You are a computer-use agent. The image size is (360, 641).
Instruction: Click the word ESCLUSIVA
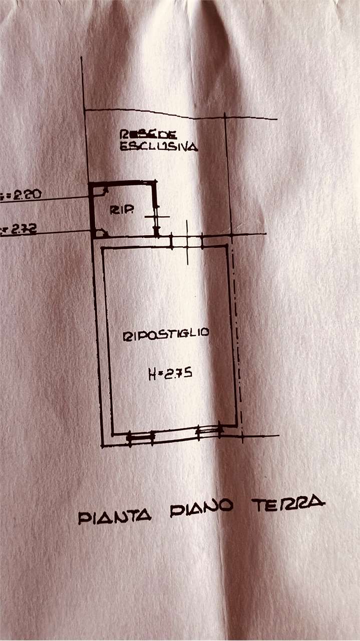click(158, 147)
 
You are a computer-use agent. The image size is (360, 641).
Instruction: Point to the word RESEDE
click(147, 134)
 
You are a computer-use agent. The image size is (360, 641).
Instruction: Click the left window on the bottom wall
click(140, 438)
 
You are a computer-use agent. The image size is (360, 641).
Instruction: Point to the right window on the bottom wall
click(209, 431)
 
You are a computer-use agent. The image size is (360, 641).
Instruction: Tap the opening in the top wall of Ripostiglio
click(187, 241)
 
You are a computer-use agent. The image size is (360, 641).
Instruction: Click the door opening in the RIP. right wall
click(156, 216)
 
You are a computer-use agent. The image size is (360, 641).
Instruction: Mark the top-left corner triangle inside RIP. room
click(104, 191)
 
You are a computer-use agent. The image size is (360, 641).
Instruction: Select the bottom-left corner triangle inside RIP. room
click(102, 232)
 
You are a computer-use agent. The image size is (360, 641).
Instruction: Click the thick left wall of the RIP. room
click(93, 210)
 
